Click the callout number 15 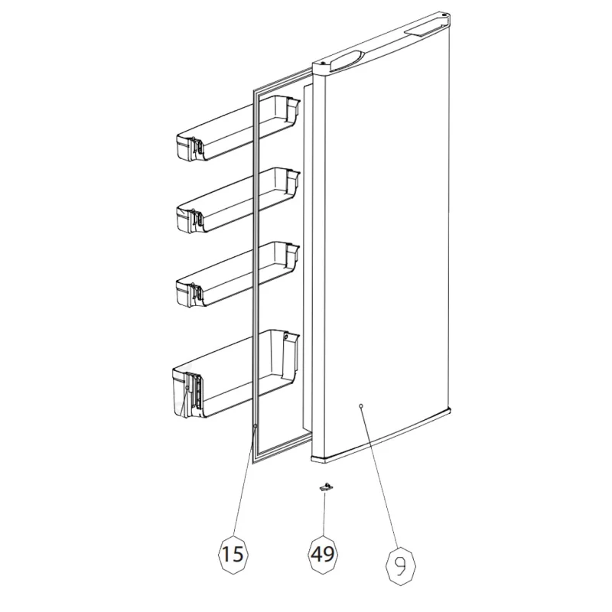coord(233,554)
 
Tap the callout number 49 coord(323,554)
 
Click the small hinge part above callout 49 coord(324,487)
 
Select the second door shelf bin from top coord(238,200)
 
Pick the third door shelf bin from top coord(238,274)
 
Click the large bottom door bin coord(236,374)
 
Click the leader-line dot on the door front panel coord(360,406)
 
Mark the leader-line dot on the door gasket coord(255,427)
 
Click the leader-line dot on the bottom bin coord(187,387)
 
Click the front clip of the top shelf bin coord(197,148)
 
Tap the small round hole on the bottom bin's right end coord(286,337)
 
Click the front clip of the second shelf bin coord(197,222)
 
